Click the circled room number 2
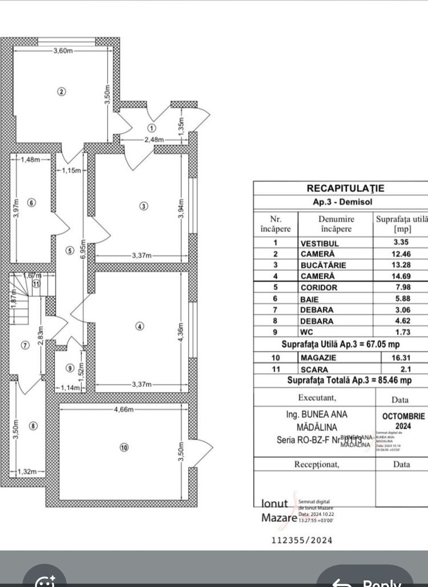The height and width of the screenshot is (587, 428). (x=61, y=91)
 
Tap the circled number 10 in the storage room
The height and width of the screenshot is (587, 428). (x=124, y=447)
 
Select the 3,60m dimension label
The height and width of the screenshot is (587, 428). (x=63, y=51)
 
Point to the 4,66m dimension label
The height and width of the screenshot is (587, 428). (x=123, y=409)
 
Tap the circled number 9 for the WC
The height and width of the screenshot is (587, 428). (x=69, y=367)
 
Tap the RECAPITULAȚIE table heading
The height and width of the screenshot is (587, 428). (x=345, y=188)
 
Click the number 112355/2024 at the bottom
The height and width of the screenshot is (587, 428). (x=301, y=540)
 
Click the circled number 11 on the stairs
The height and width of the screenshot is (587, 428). (x=36, y=283)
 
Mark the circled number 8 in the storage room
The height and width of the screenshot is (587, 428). (x=34, y=426)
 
